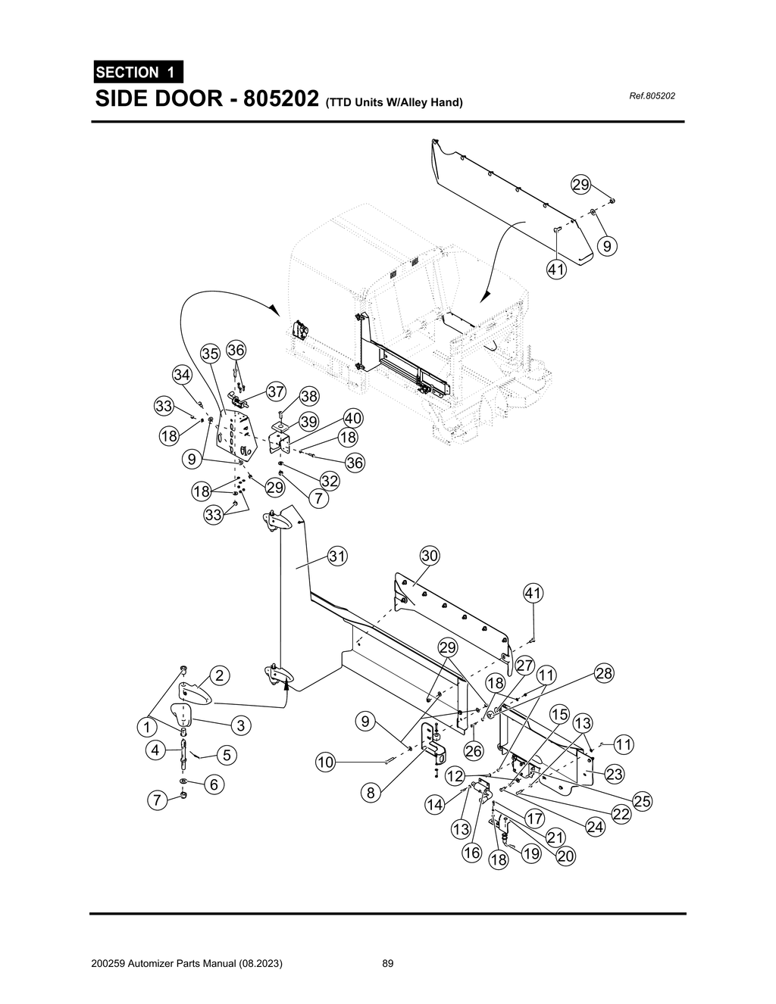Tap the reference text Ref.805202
click(652, 96)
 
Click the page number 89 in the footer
click(388, 964)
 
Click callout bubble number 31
click(337, 557)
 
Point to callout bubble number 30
click(430, 556)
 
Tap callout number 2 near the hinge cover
click(218, 675)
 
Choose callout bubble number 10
click(325, 762)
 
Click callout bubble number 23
click(615, 774)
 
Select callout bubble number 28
click(604, 673)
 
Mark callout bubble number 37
click(276, 391)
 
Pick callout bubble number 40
click(353, 418)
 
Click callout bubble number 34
click(182, 375)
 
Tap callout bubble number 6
click(214, 785)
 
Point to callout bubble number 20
click(566, 856)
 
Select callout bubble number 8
click(371, 794)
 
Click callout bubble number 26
click(474, 751)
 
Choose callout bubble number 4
click(155, 750)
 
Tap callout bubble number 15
click(559, 714)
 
